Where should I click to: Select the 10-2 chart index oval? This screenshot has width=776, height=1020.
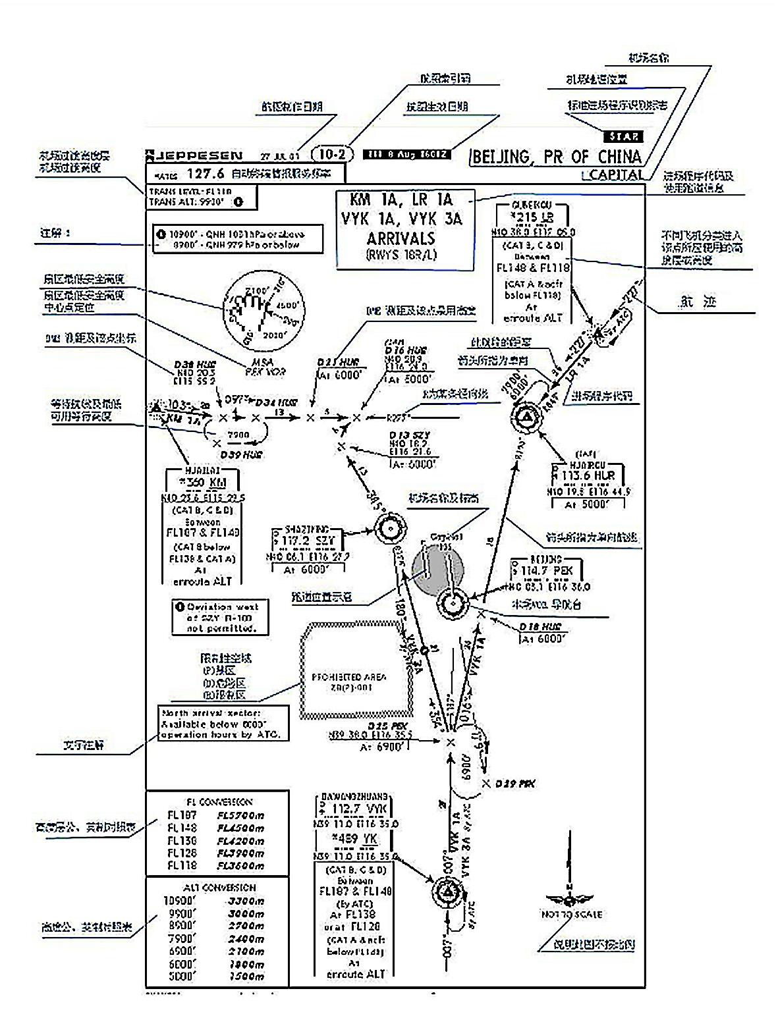point(331,155)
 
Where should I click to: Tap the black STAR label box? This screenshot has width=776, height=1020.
point(623,136)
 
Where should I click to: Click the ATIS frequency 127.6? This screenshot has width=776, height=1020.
point(206,174)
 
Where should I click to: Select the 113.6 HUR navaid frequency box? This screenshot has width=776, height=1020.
point(588,475)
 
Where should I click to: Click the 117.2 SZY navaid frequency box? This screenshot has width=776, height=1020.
point(307,541)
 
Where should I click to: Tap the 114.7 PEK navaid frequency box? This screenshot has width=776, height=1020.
point(547,570)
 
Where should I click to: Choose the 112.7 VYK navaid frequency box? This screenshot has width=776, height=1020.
point(356,809)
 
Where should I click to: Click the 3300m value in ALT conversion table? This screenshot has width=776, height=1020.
point(245,901)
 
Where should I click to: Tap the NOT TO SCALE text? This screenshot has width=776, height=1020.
point(571,914)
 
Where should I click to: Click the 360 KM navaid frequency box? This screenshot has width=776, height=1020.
point(202,481)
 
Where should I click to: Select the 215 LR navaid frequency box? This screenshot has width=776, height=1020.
point(532,217)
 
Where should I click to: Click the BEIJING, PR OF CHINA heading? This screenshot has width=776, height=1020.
point(556,157)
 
